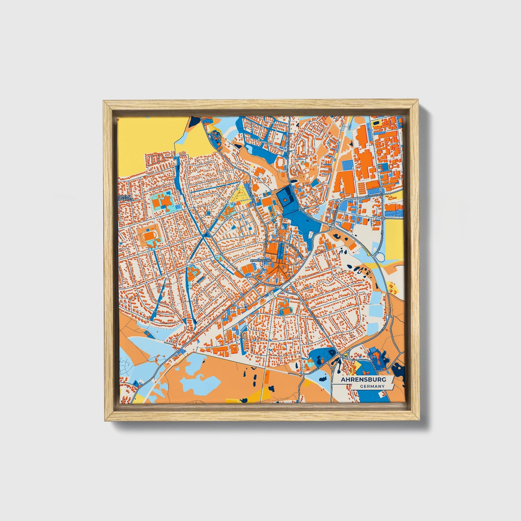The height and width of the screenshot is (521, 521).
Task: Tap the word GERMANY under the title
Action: [x=372, y=386]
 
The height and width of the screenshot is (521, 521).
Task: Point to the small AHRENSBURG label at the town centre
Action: [x=260, y=260]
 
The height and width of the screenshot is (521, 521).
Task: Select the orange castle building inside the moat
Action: [x=284, y=199]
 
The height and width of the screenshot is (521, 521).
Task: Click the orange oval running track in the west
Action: [x=149, y=237]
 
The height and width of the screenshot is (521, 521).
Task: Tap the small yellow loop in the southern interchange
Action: [x=346, y=356]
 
